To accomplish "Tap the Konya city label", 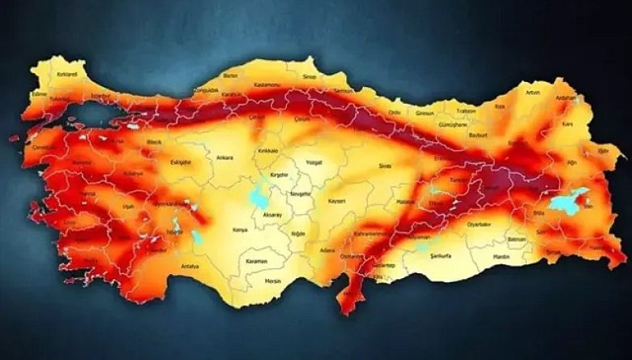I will [240, 229].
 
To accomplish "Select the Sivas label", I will [384, 165].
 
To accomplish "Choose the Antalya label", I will [190, 267].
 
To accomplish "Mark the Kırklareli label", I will [67, 74].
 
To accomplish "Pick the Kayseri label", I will [337, 201].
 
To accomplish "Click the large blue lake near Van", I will [564, 199].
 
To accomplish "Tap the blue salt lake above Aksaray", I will [259, 197].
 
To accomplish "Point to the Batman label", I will [516, 239].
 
